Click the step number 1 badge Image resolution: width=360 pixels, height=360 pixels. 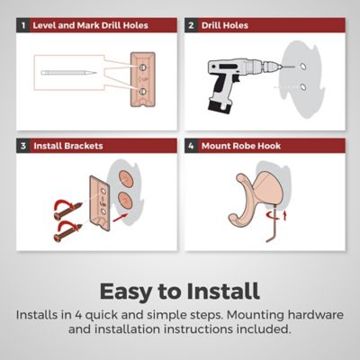pyautogui.click(x=23, y=25)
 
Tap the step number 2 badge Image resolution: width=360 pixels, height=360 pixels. pyautogui.click(x=191, y=25)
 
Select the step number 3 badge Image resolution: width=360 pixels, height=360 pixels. pyautogui.click(x=23, y=146)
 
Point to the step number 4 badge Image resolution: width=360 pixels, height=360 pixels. pyautogui.click(x=191, y=146)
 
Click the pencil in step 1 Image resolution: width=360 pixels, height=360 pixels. pyautogui.click(x=69, y=73)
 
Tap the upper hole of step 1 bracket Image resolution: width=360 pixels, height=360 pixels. pyautogui.click(x=142, y=67)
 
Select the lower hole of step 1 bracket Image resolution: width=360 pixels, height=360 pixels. pyautogui.click(x=142, y=91)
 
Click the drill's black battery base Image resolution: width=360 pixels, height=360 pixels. pyautogui.click(x=220, y=105)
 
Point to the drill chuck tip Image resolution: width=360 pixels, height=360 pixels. pyautogui.click(x=280, y=67)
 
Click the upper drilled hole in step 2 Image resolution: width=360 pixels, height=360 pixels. pyautogui.click(x=303, y=66)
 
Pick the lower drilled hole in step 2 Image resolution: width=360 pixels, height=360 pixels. pyautogui.click(x=303, y=87)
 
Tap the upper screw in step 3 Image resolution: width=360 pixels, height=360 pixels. pyautogui.click(x=68, y=211)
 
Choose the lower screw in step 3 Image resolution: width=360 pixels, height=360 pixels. pyautogui.click(x=68, y=233)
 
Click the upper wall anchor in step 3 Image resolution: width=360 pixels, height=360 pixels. pyautogui.click(x=126, y=178)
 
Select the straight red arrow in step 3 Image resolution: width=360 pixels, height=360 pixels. pyautogui.click(x=121, y=218)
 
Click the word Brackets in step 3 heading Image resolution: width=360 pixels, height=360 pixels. pyautogui.click(x=84, y=146)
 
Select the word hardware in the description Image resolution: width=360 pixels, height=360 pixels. pyautogui.click(x=315, y=315)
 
